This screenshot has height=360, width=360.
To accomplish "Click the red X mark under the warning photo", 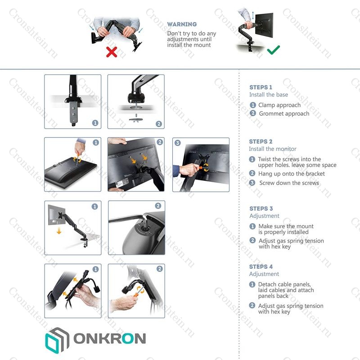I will pyautogui.click(x=111, y=53).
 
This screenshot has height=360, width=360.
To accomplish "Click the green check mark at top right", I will pyautogui.click(x=273, y=49).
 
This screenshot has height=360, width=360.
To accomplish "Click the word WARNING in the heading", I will pyautogui.click(x=182, y=24).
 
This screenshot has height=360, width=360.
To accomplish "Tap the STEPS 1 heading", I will pyautogui.click(x=261, y=87).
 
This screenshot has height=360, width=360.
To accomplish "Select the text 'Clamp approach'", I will pyautogui.click(x=279, y=105).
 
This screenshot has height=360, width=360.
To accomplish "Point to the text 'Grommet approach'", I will pyautogui.click(x=284, y=114).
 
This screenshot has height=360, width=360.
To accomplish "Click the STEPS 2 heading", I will pyautogui.click(x=261, y=141).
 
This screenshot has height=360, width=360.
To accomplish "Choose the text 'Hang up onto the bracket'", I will pyautogui.click(x=291, y=174).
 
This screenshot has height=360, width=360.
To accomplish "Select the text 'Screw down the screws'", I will pyautogui.click(x=289, y=183).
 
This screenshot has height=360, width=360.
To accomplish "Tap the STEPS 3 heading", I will pyautogui.click(x=261, y=208).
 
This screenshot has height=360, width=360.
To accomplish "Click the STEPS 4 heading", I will pyautogui.click(x=261, y=266).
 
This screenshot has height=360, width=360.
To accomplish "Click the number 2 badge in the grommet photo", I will pyautogui.click(x=158, y=124).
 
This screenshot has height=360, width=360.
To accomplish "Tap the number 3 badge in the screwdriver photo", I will pyautogui.click(x=177, y=143).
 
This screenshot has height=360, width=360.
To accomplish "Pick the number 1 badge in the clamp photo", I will pyautogui.click(x=95, y=122).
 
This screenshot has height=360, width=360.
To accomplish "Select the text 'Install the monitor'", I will pyautogui.click(x=273, y=149).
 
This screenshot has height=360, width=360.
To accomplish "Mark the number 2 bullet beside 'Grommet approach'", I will pyautogui.click(x=253, y=114).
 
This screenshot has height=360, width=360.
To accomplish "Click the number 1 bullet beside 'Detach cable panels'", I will pyautogui.click(x=252, y=285).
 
